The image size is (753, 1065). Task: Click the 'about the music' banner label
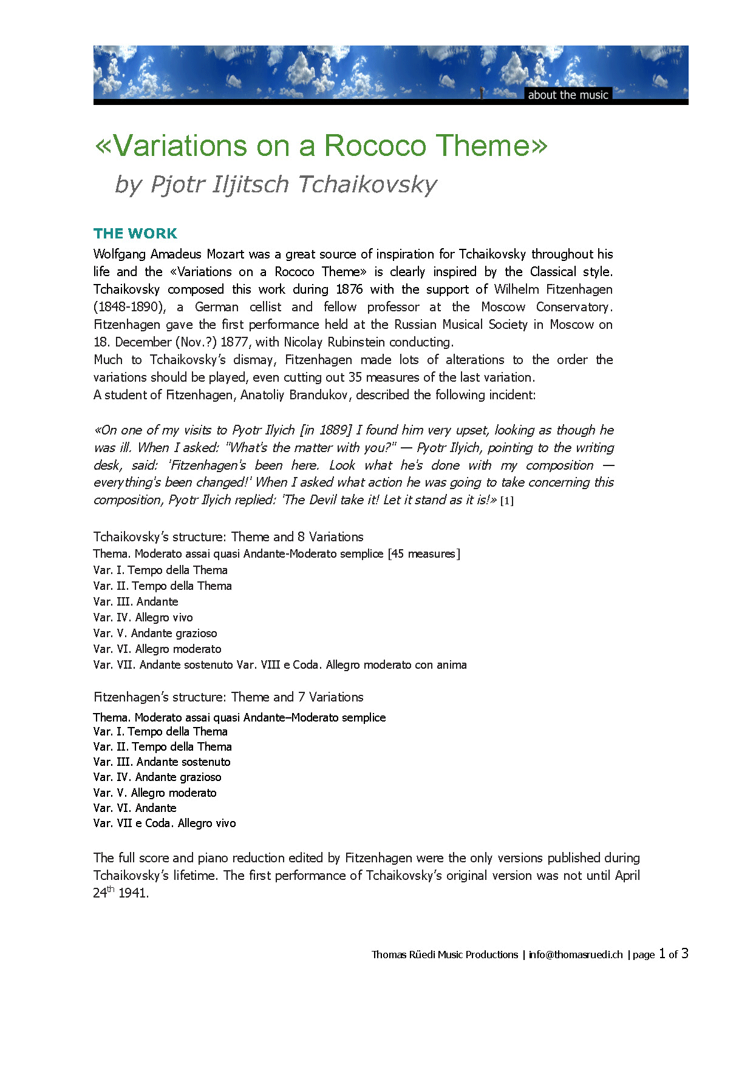point(568,95)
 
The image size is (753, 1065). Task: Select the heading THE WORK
point(135,234)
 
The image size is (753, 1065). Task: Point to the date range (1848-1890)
point(129,307)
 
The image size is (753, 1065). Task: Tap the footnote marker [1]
point(506,501)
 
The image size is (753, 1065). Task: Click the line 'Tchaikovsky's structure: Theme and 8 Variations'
point(228,537)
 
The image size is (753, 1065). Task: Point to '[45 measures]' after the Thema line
point(424,554)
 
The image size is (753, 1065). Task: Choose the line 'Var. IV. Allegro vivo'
point(143,618)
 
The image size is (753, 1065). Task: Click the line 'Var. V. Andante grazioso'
point(155,634)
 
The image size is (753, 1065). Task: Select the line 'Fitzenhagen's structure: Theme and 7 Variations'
point(228,697)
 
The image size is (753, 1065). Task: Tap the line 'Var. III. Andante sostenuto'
point(162,762)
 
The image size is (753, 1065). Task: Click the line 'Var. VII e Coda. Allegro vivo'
point(165,823)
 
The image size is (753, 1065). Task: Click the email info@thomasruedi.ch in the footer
point(576,955)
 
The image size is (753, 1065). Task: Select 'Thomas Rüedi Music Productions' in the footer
point(445,955)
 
